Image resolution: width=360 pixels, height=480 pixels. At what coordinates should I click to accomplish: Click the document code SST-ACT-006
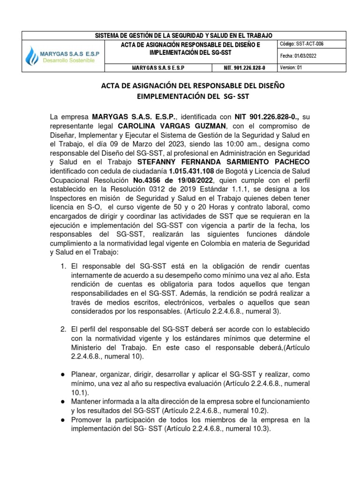point(309,44)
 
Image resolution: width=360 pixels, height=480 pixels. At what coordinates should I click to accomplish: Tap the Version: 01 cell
point(291,67)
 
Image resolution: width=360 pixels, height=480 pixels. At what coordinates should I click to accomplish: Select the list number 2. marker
point(63,330)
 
